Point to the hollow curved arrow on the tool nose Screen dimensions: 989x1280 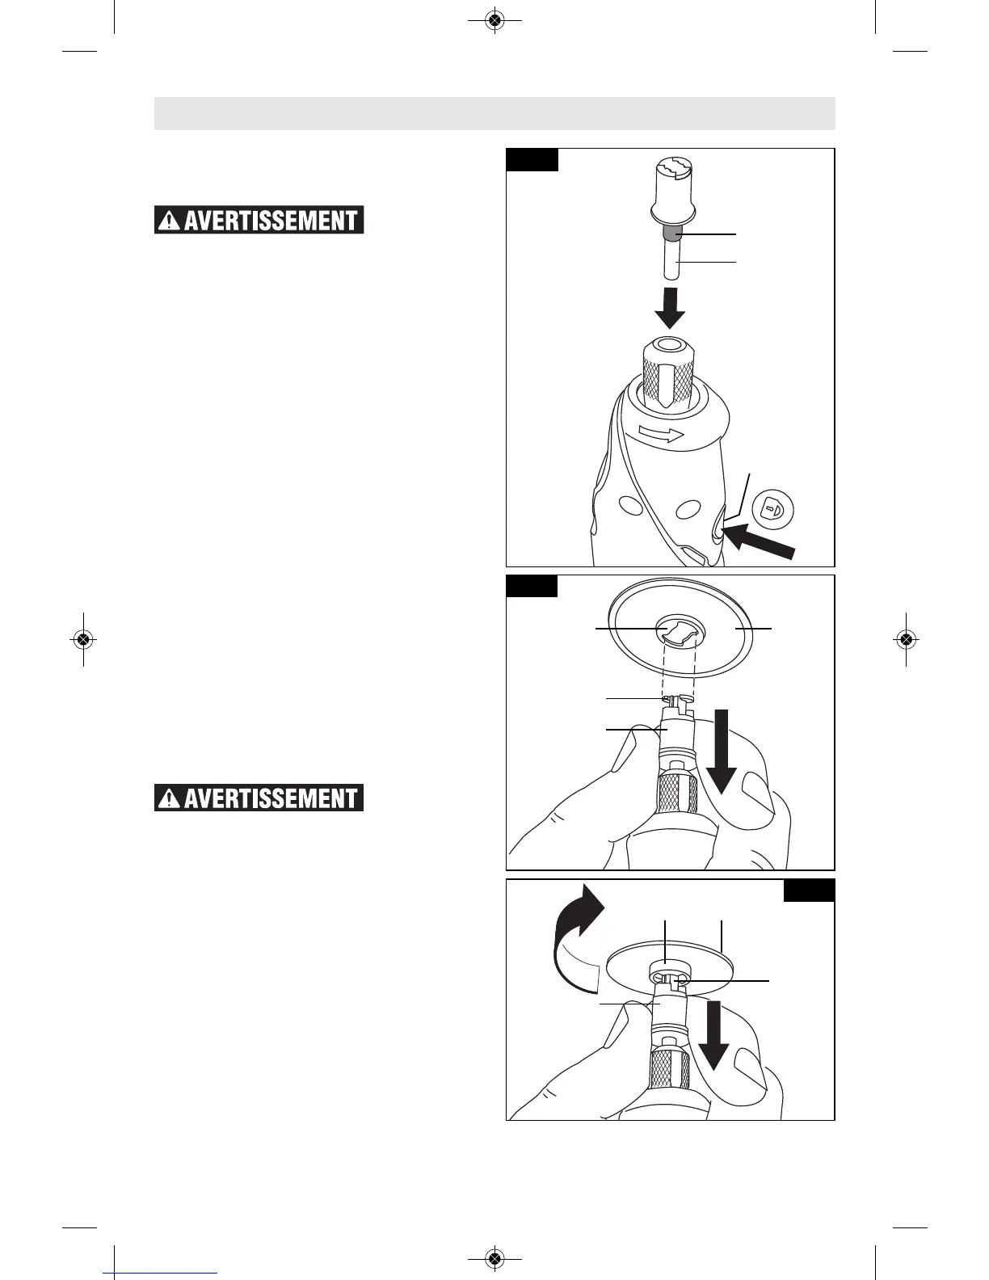pyautogui.click(x=660, y=434)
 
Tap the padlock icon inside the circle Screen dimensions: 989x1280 pyautogui.click(x=773, y=509)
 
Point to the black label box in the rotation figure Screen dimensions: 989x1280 pyautogui.click(x=809, y=891)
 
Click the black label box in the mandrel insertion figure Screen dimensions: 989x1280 pyautogui.click(x=532, y=159)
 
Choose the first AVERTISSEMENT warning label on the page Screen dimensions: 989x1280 pyautogui.click(x=259, y=221)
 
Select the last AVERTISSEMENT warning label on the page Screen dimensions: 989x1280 pyautogui.click(x=259, y=798)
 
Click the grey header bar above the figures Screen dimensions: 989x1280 pyautogui.click(x=494, y=113)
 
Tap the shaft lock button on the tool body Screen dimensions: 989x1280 pyautogui.click(x=717, y=533)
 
